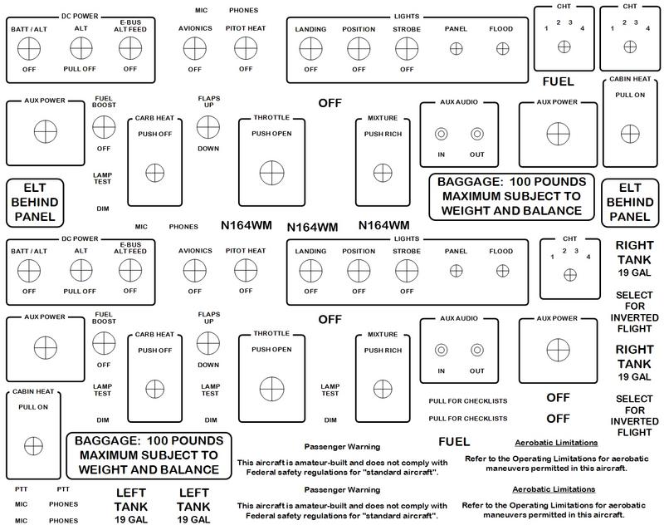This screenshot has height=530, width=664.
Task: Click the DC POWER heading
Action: point(79,15)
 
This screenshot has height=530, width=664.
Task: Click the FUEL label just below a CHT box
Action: point(559,81)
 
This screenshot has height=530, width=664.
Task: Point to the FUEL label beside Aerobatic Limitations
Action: point(453,441)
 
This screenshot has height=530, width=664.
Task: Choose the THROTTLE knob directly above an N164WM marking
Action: point(271,172)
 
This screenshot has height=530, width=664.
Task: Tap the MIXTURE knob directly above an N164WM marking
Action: point(381,172)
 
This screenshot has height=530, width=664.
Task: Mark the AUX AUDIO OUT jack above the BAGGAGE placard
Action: point(476,134)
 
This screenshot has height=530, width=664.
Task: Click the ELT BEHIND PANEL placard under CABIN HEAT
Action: point(627,203)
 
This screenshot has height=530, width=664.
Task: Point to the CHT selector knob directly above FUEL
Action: point(564,47)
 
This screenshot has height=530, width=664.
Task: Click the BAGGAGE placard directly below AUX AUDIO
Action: point(510,196)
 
